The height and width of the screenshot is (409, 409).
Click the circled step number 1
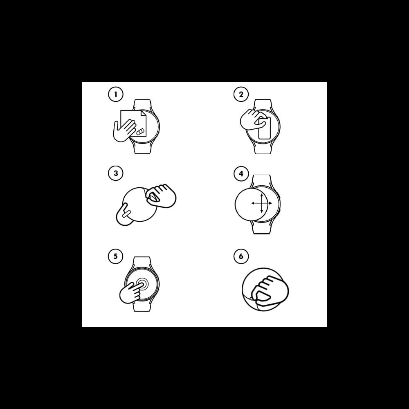[x=116, y=94]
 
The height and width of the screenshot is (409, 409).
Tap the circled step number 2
[x=241, y=94]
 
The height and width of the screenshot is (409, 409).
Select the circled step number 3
[x=116, y=173]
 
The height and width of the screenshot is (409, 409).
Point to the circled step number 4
[x=241, y=173]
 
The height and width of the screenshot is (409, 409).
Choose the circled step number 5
[x=116, y=256]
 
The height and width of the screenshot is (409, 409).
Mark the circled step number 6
[x=241, y=256]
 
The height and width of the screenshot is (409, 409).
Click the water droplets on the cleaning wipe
[x=140, y=132]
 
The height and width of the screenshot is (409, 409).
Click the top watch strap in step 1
[x=142, y=105]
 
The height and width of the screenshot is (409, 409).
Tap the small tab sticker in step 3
[x=126, y=213]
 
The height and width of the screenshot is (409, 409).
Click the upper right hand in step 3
[x=161, y=196]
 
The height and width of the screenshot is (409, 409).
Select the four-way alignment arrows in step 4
[x=262, y=203]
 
